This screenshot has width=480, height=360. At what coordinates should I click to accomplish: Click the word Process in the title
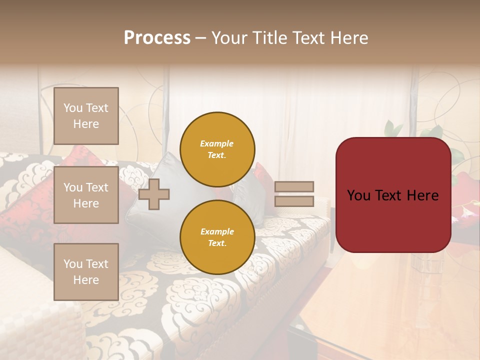157,38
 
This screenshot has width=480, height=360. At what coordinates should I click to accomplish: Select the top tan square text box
86,116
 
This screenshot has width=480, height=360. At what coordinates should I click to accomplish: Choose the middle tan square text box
86,195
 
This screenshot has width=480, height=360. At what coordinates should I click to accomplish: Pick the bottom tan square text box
86,271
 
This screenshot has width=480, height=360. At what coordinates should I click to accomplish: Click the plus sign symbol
154,194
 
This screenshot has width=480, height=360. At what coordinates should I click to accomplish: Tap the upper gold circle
217,149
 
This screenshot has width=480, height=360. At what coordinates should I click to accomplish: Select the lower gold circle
217,237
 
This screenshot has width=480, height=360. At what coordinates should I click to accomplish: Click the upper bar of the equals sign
294,186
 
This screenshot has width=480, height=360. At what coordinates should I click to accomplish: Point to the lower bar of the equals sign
294,201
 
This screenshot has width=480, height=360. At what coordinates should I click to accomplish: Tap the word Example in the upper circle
217,143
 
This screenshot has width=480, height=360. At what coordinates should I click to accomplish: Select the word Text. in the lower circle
217,243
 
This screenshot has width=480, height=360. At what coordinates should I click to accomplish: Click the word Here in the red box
422,195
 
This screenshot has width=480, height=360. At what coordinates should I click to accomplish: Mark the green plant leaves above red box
395,128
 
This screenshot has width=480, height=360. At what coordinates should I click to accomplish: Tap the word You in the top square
73,108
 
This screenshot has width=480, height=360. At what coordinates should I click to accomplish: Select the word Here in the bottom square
86,280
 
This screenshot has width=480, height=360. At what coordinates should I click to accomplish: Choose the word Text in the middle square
97,187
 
